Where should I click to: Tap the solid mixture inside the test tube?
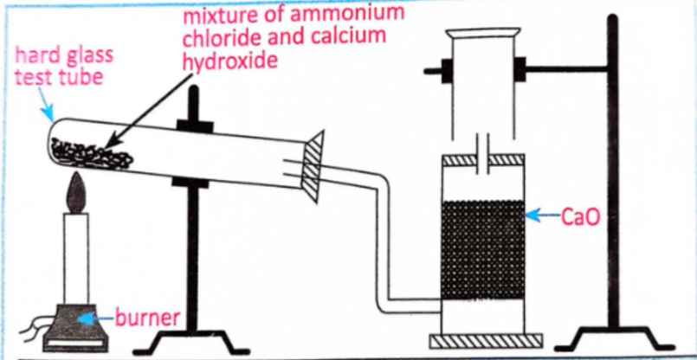point(92,156)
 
